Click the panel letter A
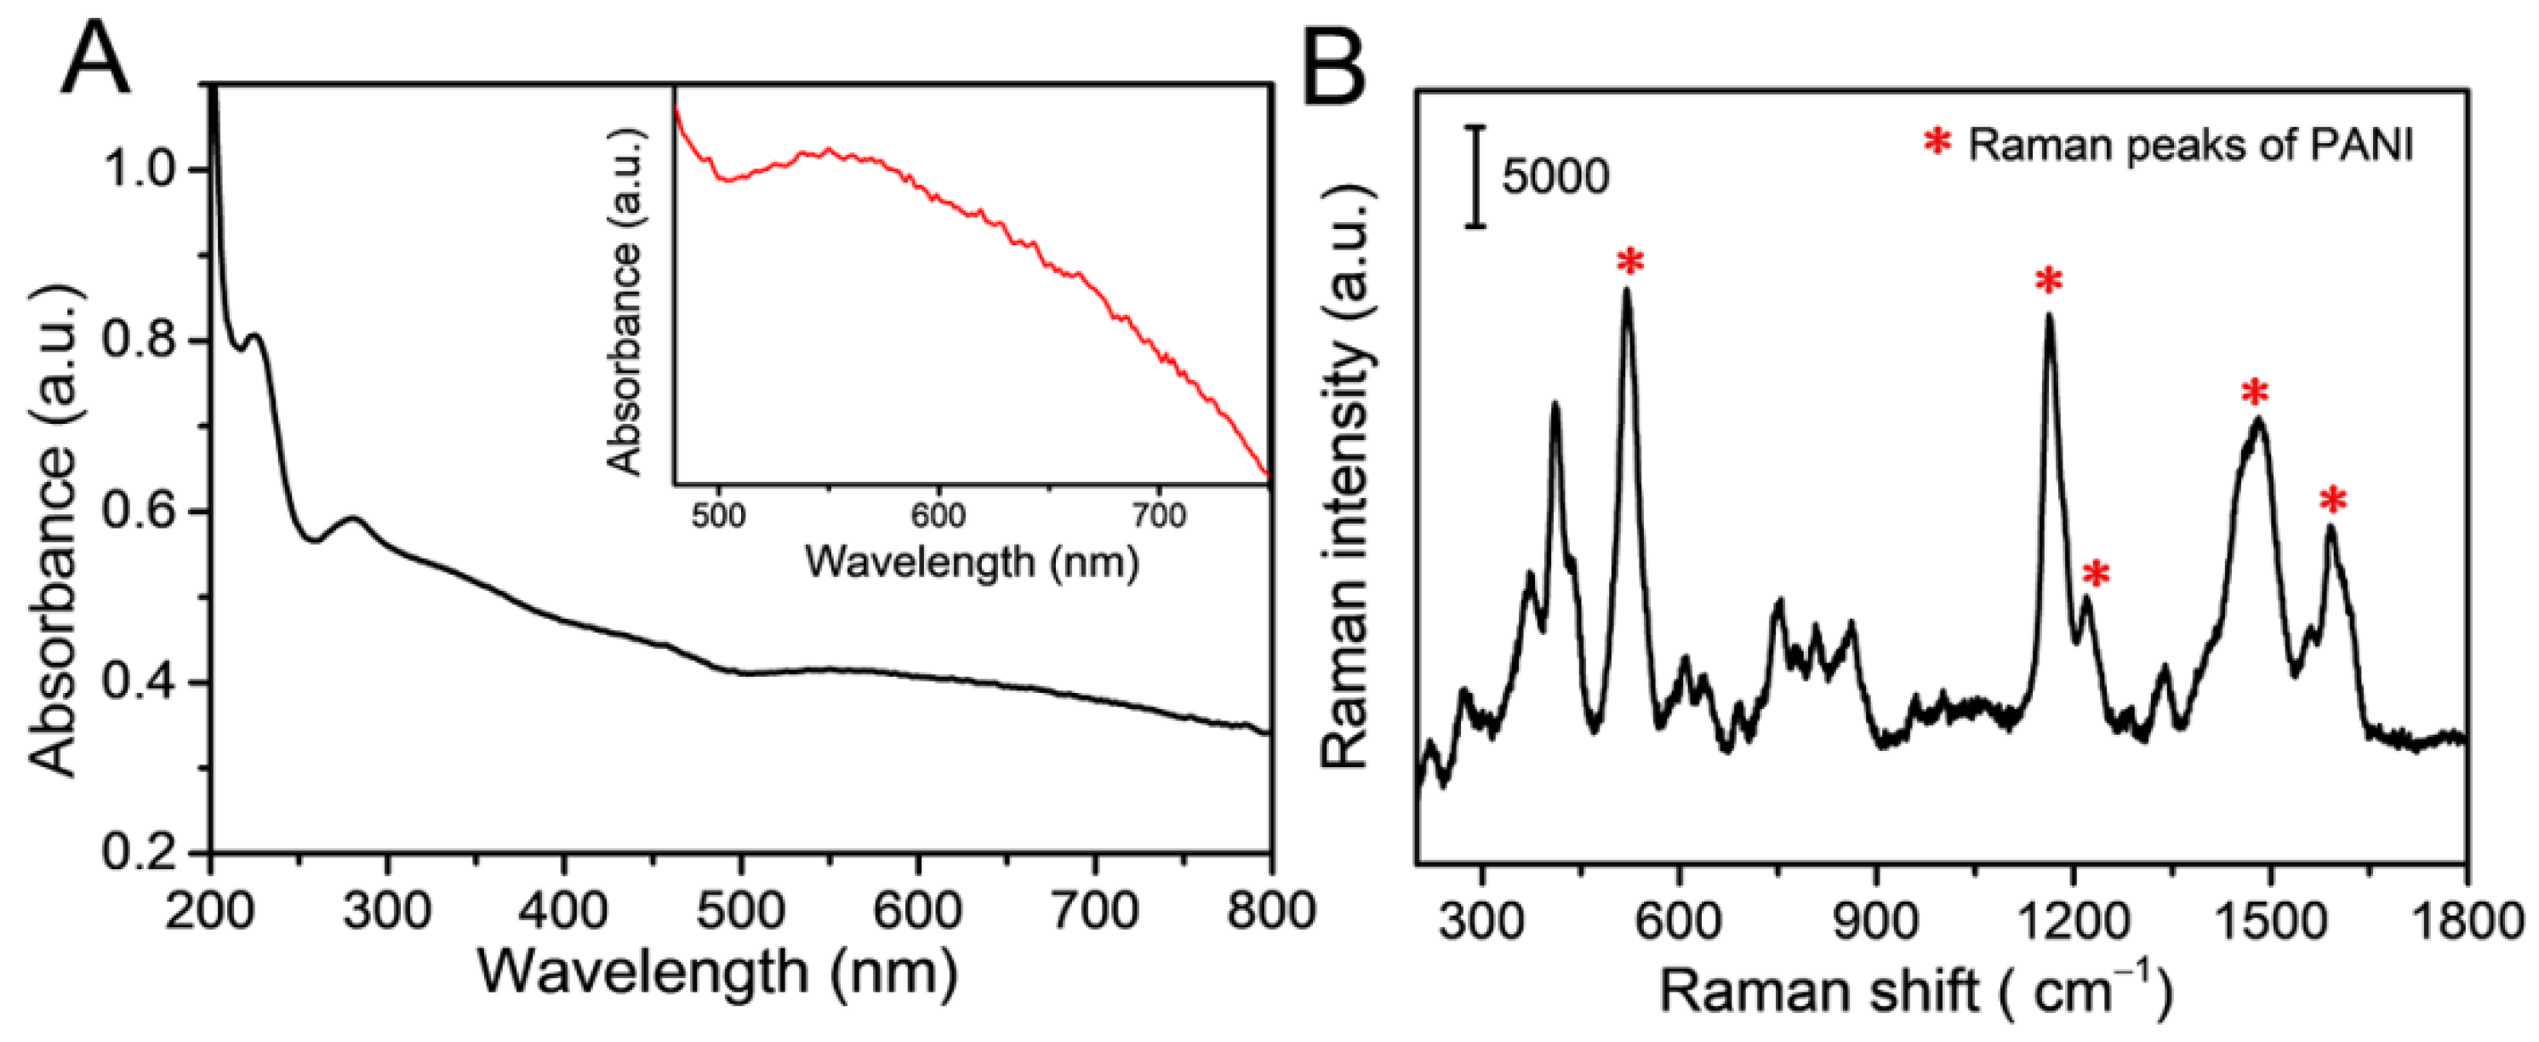pyautogui.click(x=95, y=61)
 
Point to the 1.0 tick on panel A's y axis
pyautogui.click(x=148, y=169)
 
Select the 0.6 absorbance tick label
pyautogui.click(x=148, y=512)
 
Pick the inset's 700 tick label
pyautogui.click(x=1157, y=514)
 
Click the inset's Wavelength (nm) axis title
pyautogui.click(x=971, y=562)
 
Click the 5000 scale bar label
pyautogui.click(x=1555, y=177)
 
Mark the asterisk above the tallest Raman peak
pyautogui.click(x=1630, y=262)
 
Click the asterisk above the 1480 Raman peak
pyautogui.click(x=2255, y=394)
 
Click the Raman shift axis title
pyautogui.click(x=1916, y=992)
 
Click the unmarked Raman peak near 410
pyautogui.click(x=1555, y=404)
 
